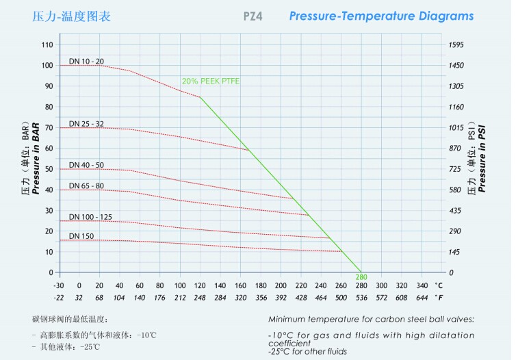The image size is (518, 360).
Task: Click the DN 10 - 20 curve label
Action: pos(86,62)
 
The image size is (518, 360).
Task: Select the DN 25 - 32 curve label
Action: pos(86,124)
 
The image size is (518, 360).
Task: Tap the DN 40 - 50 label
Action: pos(86,165)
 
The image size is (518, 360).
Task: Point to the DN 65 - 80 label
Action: pos(86,185)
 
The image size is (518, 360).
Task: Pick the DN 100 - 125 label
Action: pos(90,217)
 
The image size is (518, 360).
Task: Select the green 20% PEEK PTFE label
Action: pos(211,81)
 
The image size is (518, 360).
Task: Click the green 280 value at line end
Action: pos(361,277)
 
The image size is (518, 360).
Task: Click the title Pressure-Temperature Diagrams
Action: pos(381,16)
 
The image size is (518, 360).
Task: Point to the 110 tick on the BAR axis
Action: pos(47,44)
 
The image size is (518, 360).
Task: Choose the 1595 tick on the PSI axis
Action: pos(456,44)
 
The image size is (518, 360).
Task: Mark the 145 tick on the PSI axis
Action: pos(454,252)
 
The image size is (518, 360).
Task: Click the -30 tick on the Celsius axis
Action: pos(59,285)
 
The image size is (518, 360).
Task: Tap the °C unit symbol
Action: pos(439,285)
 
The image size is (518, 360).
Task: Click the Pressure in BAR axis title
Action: pos(36,159)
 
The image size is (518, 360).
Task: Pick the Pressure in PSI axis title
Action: pos(482,159)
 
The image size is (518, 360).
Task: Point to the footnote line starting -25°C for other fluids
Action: pos(307,351)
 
